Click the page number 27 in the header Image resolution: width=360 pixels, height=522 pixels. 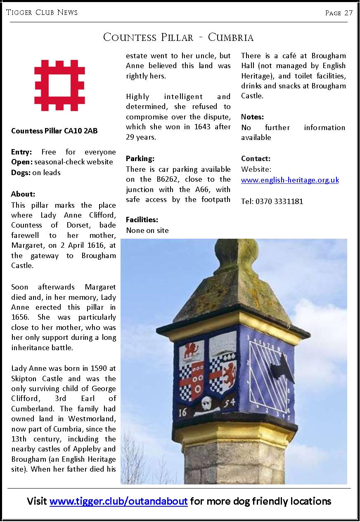(348, 13)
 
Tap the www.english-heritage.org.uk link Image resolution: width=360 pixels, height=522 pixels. (290, 180)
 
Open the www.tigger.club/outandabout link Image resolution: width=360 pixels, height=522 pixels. (119, 501)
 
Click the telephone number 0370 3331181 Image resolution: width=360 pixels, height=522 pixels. (279, 202)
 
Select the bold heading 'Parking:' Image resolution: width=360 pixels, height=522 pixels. (140, 159)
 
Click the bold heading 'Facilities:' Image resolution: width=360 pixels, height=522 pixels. (142, 220)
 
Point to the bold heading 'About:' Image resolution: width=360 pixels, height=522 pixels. (23, 194)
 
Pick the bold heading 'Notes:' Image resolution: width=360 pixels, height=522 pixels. (252, 117)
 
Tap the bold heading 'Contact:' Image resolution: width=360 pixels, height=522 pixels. (256, 159)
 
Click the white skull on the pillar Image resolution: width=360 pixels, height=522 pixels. (206, 402)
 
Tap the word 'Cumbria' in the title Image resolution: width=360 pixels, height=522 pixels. (231, 38)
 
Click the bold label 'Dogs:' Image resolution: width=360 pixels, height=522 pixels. (21, 173)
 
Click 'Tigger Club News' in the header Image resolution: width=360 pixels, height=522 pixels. (42, 12)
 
